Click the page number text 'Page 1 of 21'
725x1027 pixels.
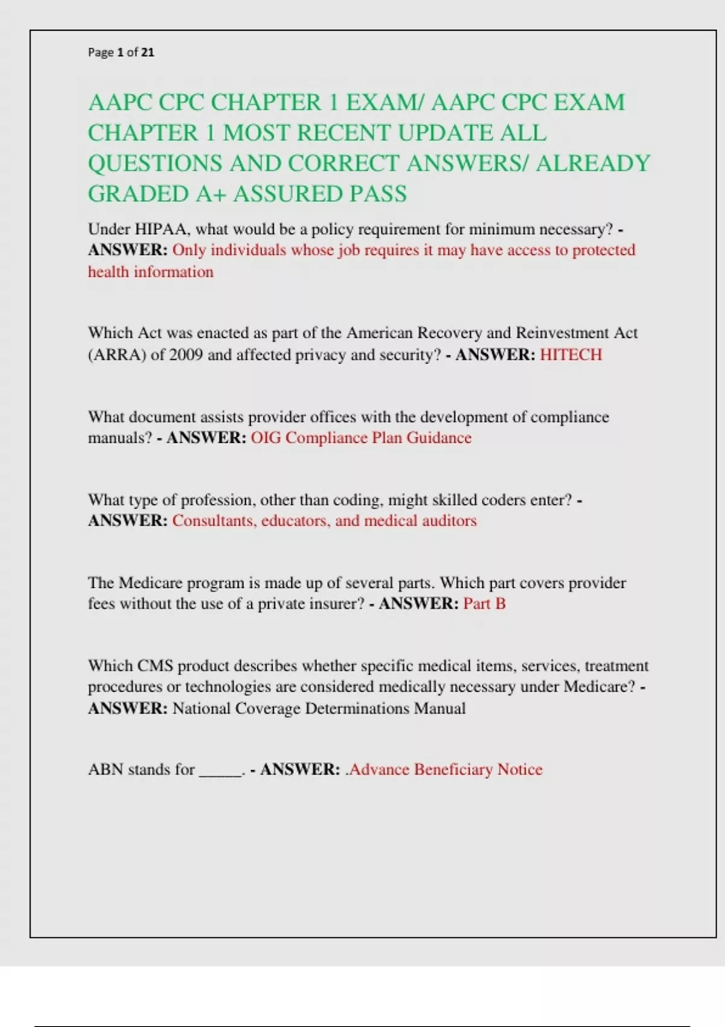pos(121,53)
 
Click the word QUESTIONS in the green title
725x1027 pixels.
pos(153,164)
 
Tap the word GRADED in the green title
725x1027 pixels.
pos(138,194)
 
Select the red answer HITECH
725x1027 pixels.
pos(571,355)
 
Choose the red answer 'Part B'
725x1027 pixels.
pos(485,604)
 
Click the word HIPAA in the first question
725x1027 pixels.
pos(163,230)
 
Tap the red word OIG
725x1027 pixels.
pos(266,438)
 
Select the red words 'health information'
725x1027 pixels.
pos(150,272)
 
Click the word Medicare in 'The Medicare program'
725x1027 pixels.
pos(150,583)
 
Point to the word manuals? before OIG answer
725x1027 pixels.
pos(120,438)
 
